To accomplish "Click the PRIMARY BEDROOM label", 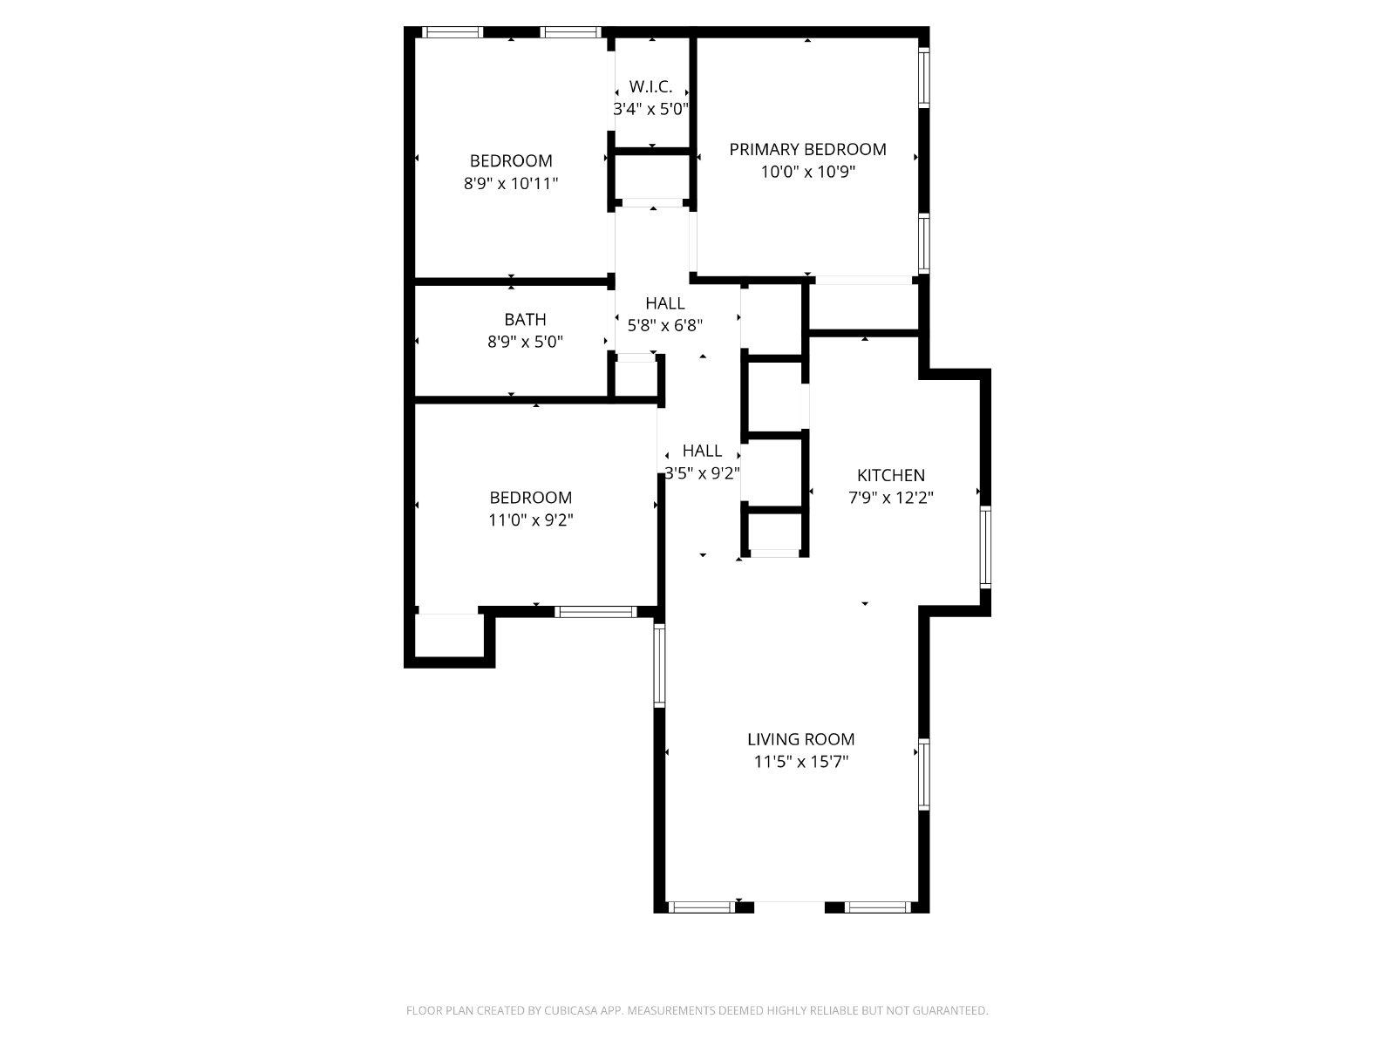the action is [807, 149].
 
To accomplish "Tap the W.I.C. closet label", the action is [650, 87].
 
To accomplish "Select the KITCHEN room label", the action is [890, 475].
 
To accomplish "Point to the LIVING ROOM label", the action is [800, 739].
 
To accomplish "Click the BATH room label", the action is [525, 319].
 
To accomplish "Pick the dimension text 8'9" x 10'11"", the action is [511, 184].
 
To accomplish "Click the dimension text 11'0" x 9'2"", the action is [531, 520].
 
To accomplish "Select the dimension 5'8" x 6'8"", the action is [664, 326].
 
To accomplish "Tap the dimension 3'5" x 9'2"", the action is [702, 473].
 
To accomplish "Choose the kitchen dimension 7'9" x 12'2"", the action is [890, 497].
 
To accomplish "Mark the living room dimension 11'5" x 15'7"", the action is [800, 762].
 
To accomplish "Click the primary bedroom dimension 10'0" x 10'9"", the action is [807, 172].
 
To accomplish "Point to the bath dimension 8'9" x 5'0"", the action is [525, 342].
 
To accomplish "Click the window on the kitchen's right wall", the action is [985, 547].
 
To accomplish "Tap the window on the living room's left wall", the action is [659, 665].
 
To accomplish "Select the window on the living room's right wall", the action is [923, 773].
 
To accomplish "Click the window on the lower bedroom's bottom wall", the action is [595, 612].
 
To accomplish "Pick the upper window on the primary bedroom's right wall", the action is [923, 78].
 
